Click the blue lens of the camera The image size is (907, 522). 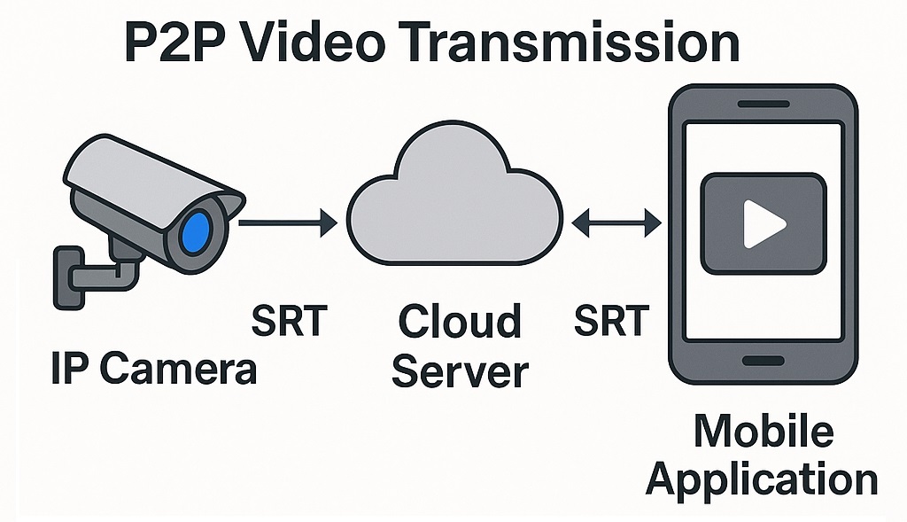(197, 230)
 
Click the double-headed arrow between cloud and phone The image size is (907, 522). (616, 222)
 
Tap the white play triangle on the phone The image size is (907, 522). (762, 223)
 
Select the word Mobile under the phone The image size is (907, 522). (763, 432)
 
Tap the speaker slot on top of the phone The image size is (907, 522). (763, 105)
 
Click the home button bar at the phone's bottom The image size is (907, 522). (763, 361)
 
